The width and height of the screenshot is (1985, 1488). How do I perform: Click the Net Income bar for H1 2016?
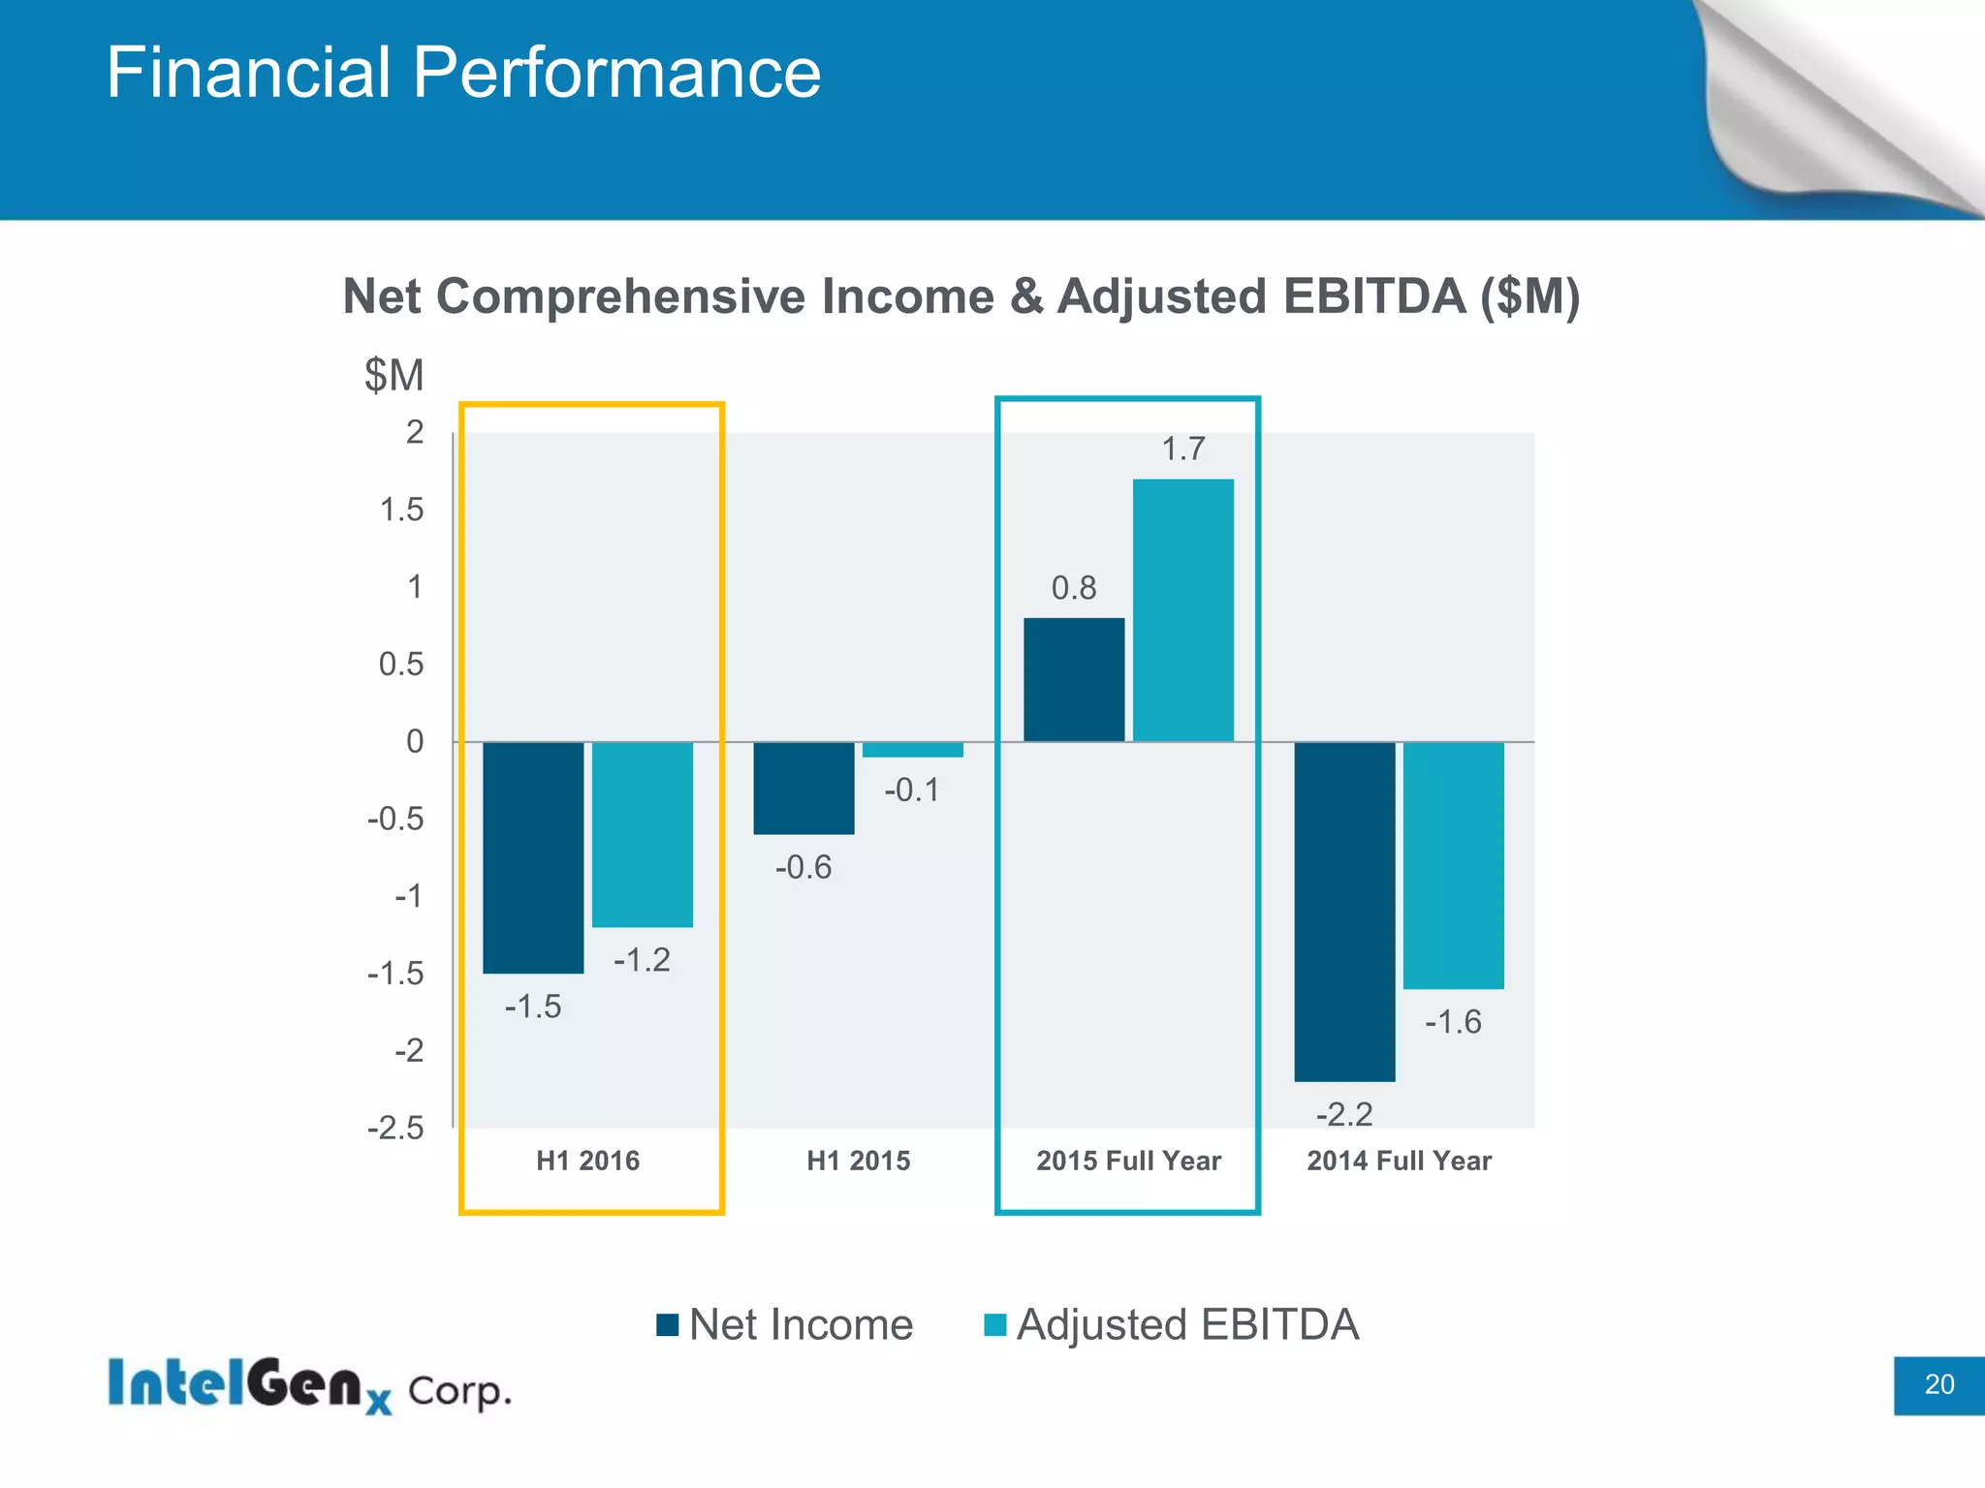533,857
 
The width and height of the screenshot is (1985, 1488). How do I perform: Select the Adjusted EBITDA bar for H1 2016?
643,834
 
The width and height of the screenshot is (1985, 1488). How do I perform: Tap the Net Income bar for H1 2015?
803,788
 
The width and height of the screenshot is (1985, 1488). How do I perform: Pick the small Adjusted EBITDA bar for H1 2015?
912,750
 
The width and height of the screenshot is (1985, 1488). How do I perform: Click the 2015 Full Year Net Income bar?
1074,680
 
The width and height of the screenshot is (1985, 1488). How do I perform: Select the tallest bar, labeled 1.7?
1182,610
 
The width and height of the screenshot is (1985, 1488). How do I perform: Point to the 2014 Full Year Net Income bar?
1344,912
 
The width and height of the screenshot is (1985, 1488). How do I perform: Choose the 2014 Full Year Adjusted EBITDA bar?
1453,865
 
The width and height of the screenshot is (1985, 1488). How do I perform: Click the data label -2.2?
1344,1114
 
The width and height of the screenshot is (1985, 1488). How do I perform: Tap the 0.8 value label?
1074,588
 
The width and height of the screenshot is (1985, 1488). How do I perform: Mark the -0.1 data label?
911,790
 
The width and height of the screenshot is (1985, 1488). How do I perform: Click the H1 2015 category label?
858,1161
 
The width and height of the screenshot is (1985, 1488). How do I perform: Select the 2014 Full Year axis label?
1399,1161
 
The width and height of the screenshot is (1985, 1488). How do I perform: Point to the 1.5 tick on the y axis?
401,510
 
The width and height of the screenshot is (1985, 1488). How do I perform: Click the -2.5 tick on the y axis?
395,1129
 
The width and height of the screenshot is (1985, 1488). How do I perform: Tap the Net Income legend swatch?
668,1324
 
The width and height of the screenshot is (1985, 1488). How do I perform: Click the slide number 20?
1938,1384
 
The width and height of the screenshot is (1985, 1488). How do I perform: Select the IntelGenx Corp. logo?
308,1386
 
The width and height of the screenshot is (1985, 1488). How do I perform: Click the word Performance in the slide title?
616,73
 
